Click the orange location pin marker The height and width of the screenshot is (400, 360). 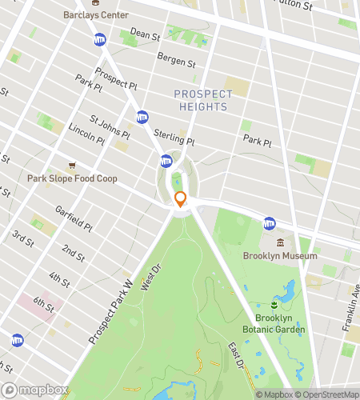tap(180, 200)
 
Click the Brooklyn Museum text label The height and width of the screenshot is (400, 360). tap(280, 256)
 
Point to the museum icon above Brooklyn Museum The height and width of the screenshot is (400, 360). tap(280, 242)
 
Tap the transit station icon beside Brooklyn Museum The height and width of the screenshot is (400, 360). tap(270, 223)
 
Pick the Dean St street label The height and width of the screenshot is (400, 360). tap(146, 34)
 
